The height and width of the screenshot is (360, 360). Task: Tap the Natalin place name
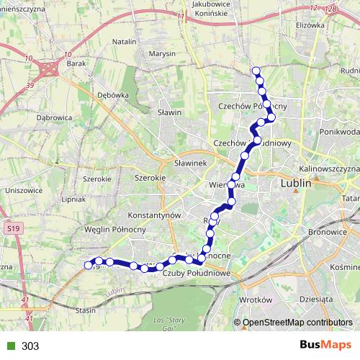[x=125, y=42]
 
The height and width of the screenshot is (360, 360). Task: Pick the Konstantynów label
[x=152, y=215]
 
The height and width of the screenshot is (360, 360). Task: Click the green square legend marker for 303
[x=9, y=346]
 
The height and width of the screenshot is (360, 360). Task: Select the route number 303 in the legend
[x=30, y=346]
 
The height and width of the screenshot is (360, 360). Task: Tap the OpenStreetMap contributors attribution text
[x=298, y=323]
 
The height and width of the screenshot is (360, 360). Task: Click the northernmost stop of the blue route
[x=255, y=71]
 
